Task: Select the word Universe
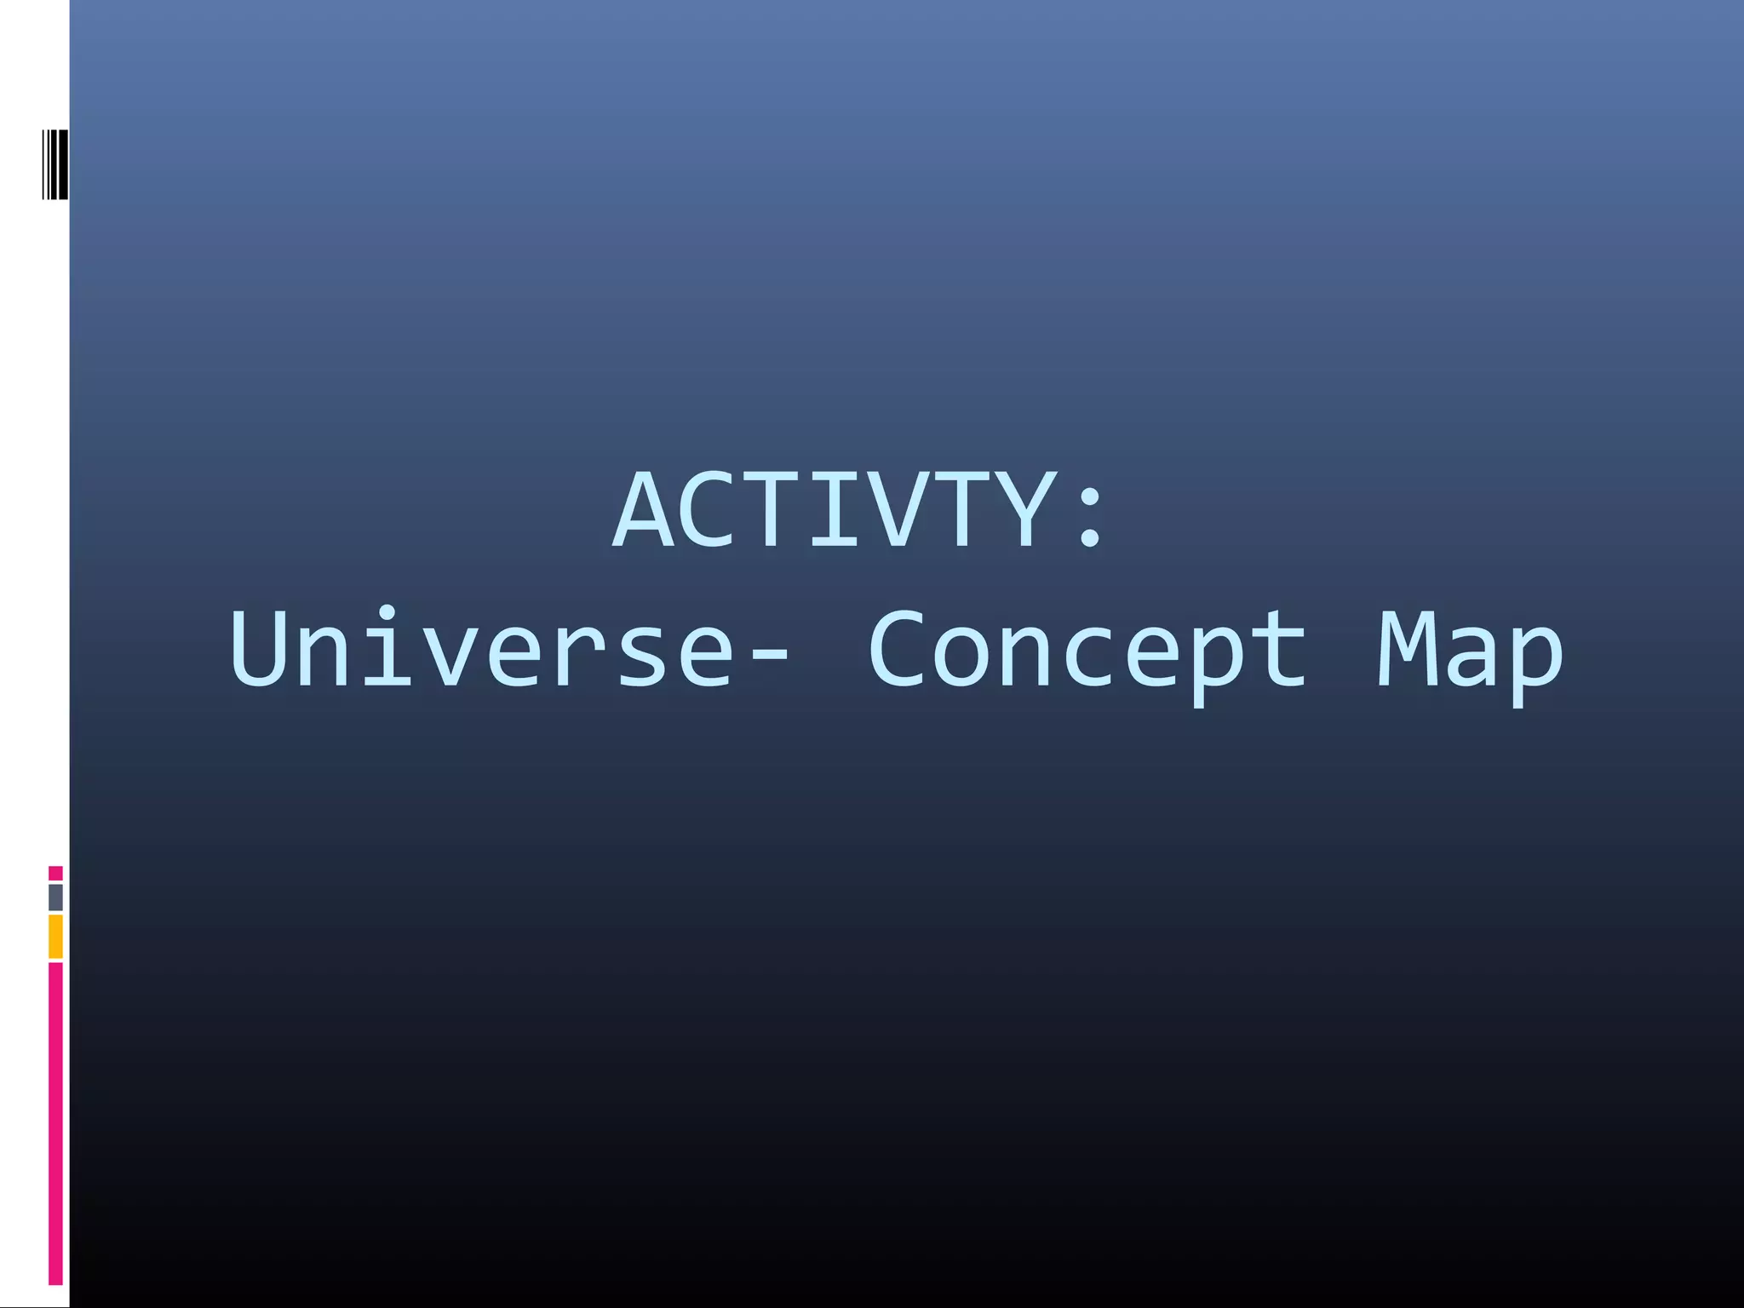coord(481,649)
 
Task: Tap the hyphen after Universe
coord(771,657)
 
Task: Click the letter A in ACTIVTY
coord(649,511)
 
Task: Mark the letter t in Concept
coord(1278,649)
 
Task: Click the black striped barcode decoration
coord(55,164)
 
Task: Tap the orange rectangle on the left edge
coord(55,937)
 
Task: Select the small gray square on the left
coord(55,897)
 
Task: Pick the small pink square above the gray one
coord(55,873)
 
